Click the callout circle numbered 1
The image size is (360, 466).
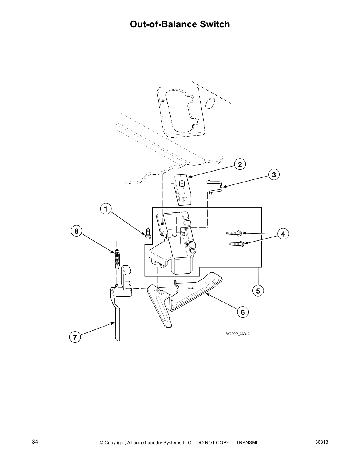(106, 209)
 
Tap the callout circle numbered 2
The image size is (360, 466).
(240, 164)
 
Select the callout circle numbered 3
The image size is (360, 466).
(274, 175)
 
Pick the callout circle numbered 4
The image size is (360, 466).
(283, 234)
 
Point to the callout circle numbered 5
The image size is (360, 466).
(258, 291)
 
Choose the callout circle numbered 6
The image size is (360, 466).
(243, 312)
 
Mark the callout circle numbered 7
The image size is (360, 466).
(75, 337)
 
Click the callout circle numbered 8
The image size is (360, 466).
(76, 231)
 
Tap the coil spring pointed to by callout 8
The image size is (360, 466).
(117, 259)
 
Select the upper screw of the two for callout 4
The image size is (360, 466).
(234, 233)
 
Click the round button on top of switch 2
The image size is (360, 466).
(182, 184)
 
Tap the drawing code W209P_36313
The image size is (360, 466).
(238, 334)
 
